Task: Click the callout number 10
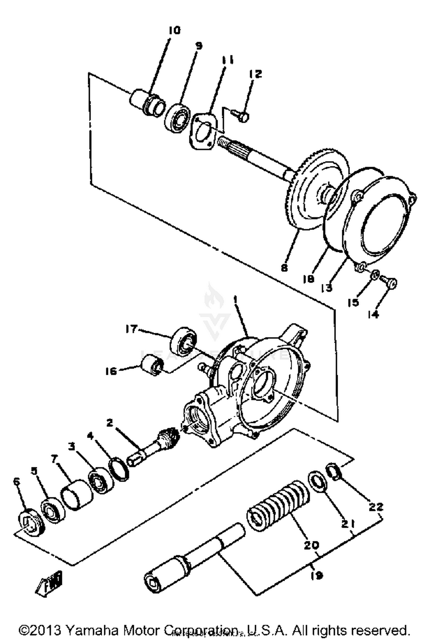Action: tap(174, 30)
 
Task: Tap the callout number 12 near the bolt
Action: tap(255, 74)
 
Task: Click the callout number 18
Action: tap(309, 278)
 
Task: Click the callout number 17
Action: tap(132, 329)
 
